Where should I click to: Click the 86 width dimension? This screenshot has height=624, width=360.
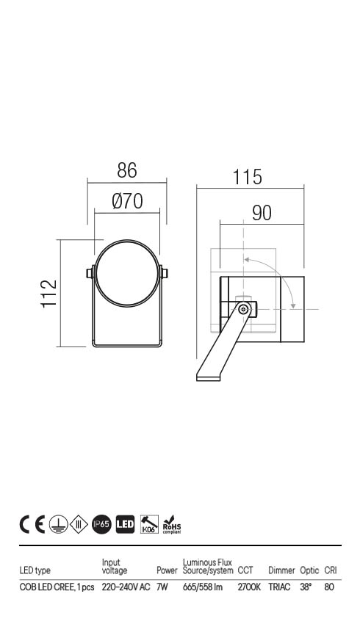click(127, 170)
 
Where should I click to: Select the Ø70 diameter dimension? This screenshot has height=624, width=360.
click(127, 201)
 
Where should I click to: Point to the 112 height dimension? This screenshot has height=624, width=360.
click(49, 294)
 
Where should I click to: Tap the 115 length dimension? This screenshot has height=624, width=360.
click(248, 177)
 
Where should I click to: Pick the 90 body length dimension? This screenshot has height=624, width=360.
click(262, 213)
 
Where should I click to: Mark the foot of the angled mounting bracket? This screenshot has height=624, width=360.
click(208, 377)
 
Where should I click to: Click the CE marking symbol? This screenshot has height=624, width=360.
click(32, 524)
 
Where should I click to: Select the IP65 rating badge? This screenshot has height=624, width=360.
click(101, 524)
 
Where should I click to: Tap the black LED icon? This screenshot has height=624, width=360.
click(125, 524)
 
